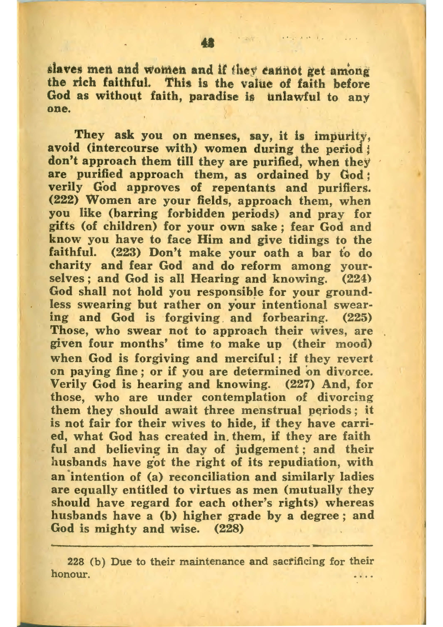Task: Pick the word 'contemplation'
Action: [x=244, y=397]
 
